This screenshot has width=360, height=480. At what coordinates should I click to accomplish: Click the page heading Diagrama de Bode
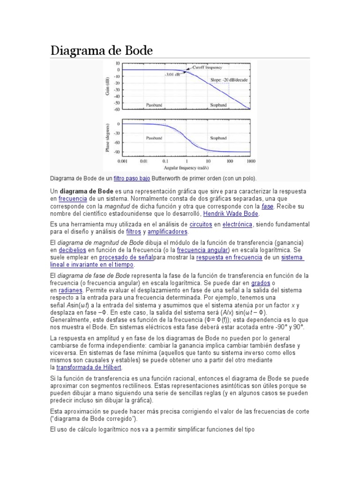102,50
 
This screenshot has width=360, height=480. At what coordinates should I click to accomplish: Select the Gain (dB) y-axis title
108,86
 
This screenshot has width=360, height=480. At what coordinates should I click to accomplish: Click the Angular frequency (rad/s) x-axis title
186,167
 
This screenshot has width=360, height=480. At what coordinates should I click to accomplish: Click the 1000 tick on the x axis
250,161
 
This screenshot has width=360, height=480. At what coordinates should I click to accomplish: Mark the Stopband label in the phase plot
218,138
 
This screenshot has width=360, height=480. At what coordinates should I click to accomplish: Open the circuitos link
201,225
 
